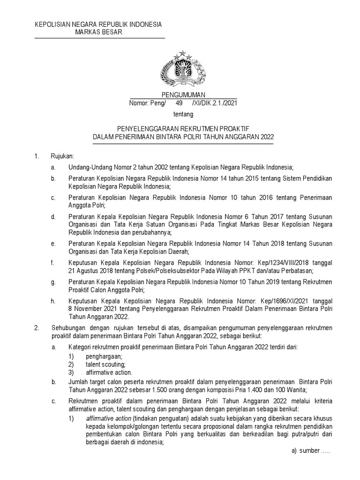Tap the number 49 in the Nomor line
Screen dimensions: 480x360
179,103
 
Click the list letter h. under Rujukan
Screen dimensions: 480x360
53,301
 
